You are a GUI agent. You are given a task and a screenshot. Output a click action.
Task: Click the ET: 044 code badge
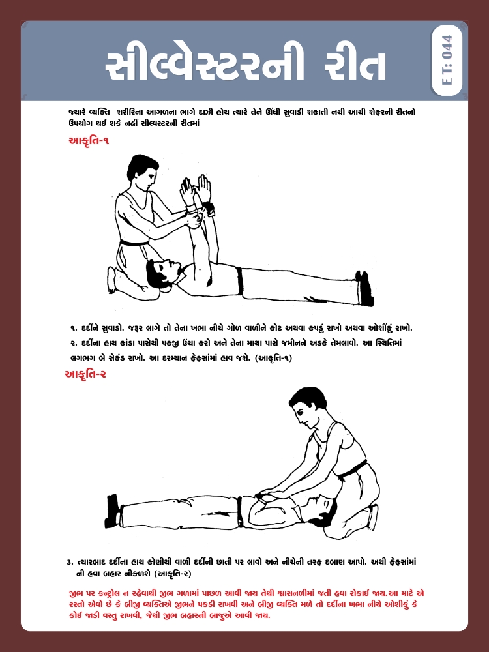[447, 60]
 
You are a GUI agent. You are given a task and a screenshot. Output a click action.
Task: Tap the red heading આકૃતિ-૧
[89, 140]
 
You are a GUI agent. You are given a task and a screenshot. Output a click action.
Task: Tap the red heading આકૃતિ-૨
[85, 374]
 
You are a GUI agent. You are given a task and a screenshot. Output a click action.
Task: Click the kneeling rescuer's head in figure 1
[143, 171]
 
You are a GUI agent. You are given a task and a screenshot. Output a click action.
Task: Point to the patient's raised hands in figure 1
[196, 190]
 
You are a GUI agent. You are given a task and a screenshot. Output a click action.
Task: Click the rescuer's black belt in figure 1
[134, 243]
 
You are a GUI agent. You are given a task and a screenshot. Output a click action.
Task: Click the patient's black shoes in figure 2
[113, 511]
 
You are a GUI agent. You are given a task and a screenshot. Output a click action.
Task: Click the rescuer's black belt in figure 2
[351, 469]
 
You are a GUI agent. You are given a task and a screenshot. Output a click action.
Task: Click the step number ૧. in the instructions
[73, 329]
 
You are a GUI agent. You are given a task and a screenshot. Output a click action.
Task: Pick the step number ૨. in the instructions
[73, 344]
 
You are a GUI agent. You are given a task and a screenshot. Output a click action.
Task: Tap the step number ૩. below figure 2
[70, 562]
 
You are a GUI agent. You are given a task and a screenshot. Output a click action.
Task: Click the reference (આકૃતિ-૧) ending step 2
[273, 358]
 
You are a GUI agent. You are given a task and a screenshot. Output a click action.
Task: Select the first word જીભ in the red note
[76, 593]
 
